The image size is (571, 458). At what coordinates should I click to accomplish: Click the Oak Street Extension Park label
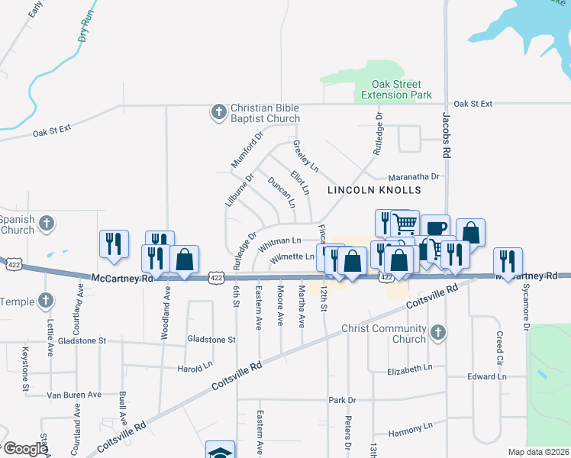coord(396,90)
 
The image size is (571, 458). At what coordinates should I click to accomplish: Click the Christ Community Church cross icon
coord(437,333)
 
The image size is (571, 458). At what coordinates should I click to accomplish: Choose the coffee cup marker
coord(435,227)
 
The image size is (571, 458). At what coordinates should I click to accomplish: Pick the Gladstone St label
coord(211,339)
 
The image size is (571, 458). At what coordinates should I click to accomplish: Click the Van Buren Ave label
coord(74,395)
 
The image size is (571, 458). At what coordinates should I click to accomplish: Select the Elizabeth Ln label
coord(415,369)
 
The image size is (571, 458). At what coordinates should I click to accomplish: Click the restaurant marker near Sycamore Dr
coord(507,261)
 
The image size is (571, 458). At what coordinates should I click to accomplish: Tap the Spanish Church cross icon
coord(47,224)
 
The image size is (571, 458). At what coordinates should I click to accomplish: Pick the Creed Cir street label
coord(498,341)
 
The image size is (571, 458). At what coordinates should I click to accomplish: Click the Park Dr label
coord(342,400)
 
